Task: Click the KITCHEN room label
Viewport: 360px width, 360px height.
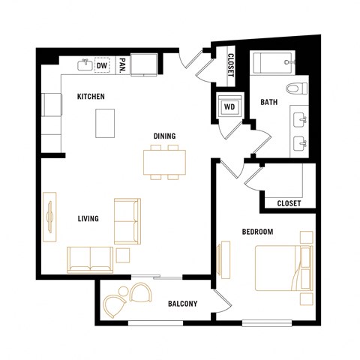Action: click(x=91, y=97)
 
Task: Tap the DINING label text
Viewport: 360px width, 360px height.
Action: click(x=165, y=136)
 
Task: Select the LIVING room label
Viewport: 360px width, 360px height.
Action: click(x=89, y=219)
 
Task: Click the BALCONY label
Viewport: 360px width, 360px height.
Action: click(x=181, y=304)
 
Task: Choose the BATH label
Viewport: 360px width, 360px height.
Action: click(x=269, y=103)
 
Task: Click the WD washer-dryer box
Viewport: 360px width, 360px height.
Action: click(x=228, y=106)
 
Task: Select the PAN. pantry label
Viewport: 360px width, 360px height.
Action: click(x=121, y=65)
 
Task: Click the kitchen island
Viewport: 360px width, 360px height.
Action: click(x=106, y=122)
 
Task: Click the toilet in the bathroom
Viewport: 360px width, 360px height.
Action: click(x=299, y=87)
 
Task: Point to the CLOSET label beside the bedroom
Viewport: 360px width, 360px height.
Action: click(x=289, y=203)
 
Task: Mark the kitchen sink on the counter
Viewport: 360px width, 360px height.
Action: click(x=85, y=66)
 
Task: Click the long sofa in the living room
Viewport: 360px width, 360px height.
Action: click(x=89, y=259)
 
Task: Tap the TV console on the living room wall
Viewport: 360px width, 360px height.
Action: click(x=50, y=217)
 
